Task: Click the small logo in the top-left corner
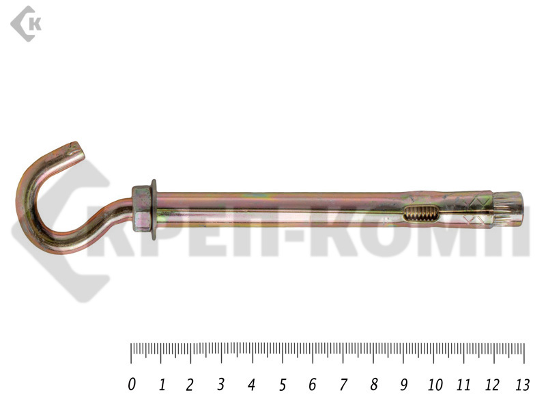tap(26, 24)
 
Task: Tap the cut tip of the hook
tap(80, 150)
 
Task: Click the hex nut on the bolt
tap(141, 209)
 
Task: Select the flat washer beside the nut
tap(154, 210)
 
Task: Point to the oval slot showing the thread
tap(420, 213)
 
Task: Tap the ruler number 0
tap(131, 385)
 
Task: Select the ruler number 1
tap(162, 385)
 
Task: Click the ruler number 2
tap(190, 385)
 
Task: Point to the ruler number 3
tap(220, 385)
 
